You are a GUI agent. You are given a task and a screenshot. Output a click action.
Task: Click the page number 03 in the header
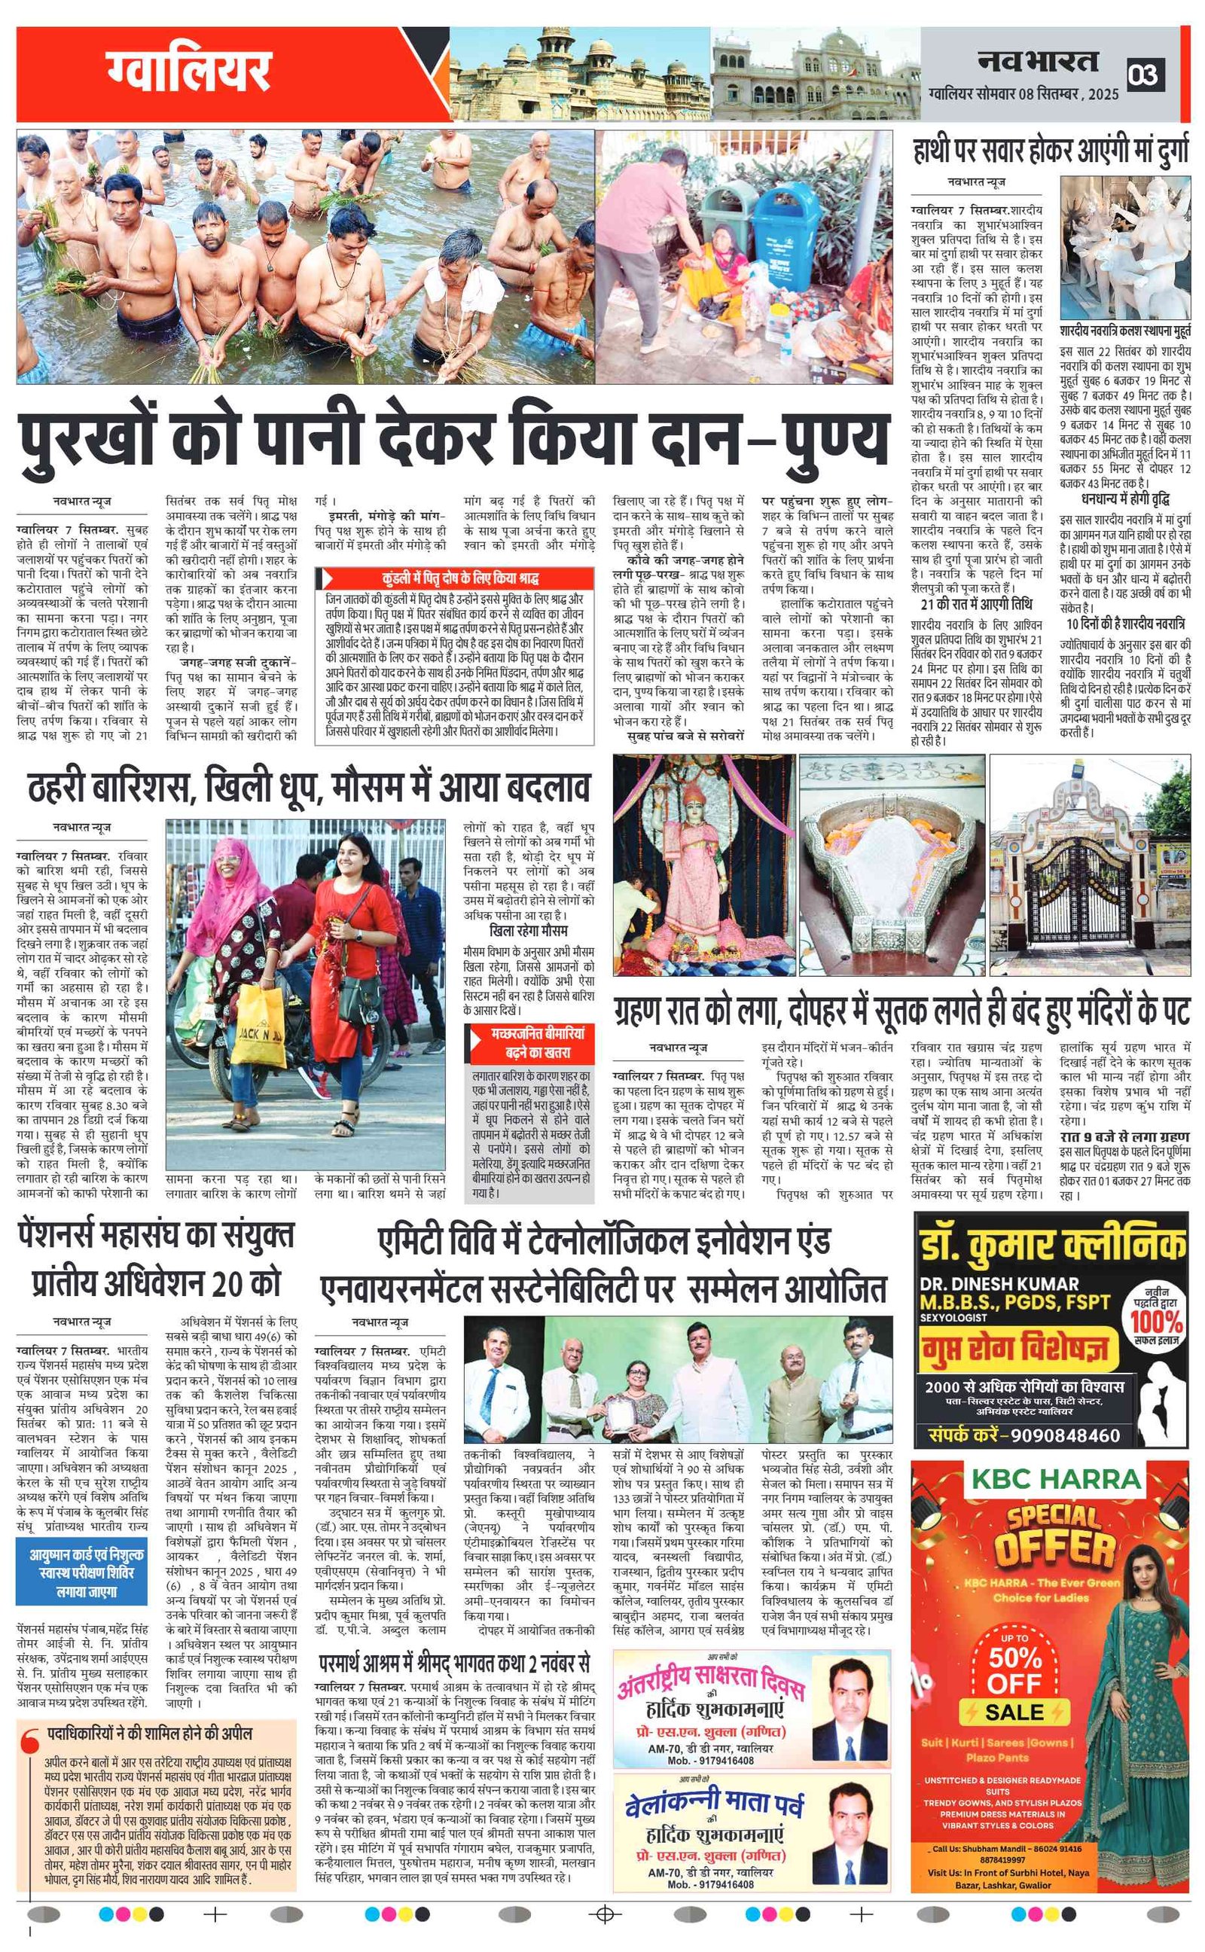1146,75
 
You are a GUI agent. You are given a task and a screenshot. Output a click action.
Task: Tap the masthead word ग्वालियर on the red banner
190,71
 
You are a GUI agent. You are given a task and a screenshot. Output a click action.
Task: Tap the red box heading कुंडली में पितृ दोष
455,578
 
